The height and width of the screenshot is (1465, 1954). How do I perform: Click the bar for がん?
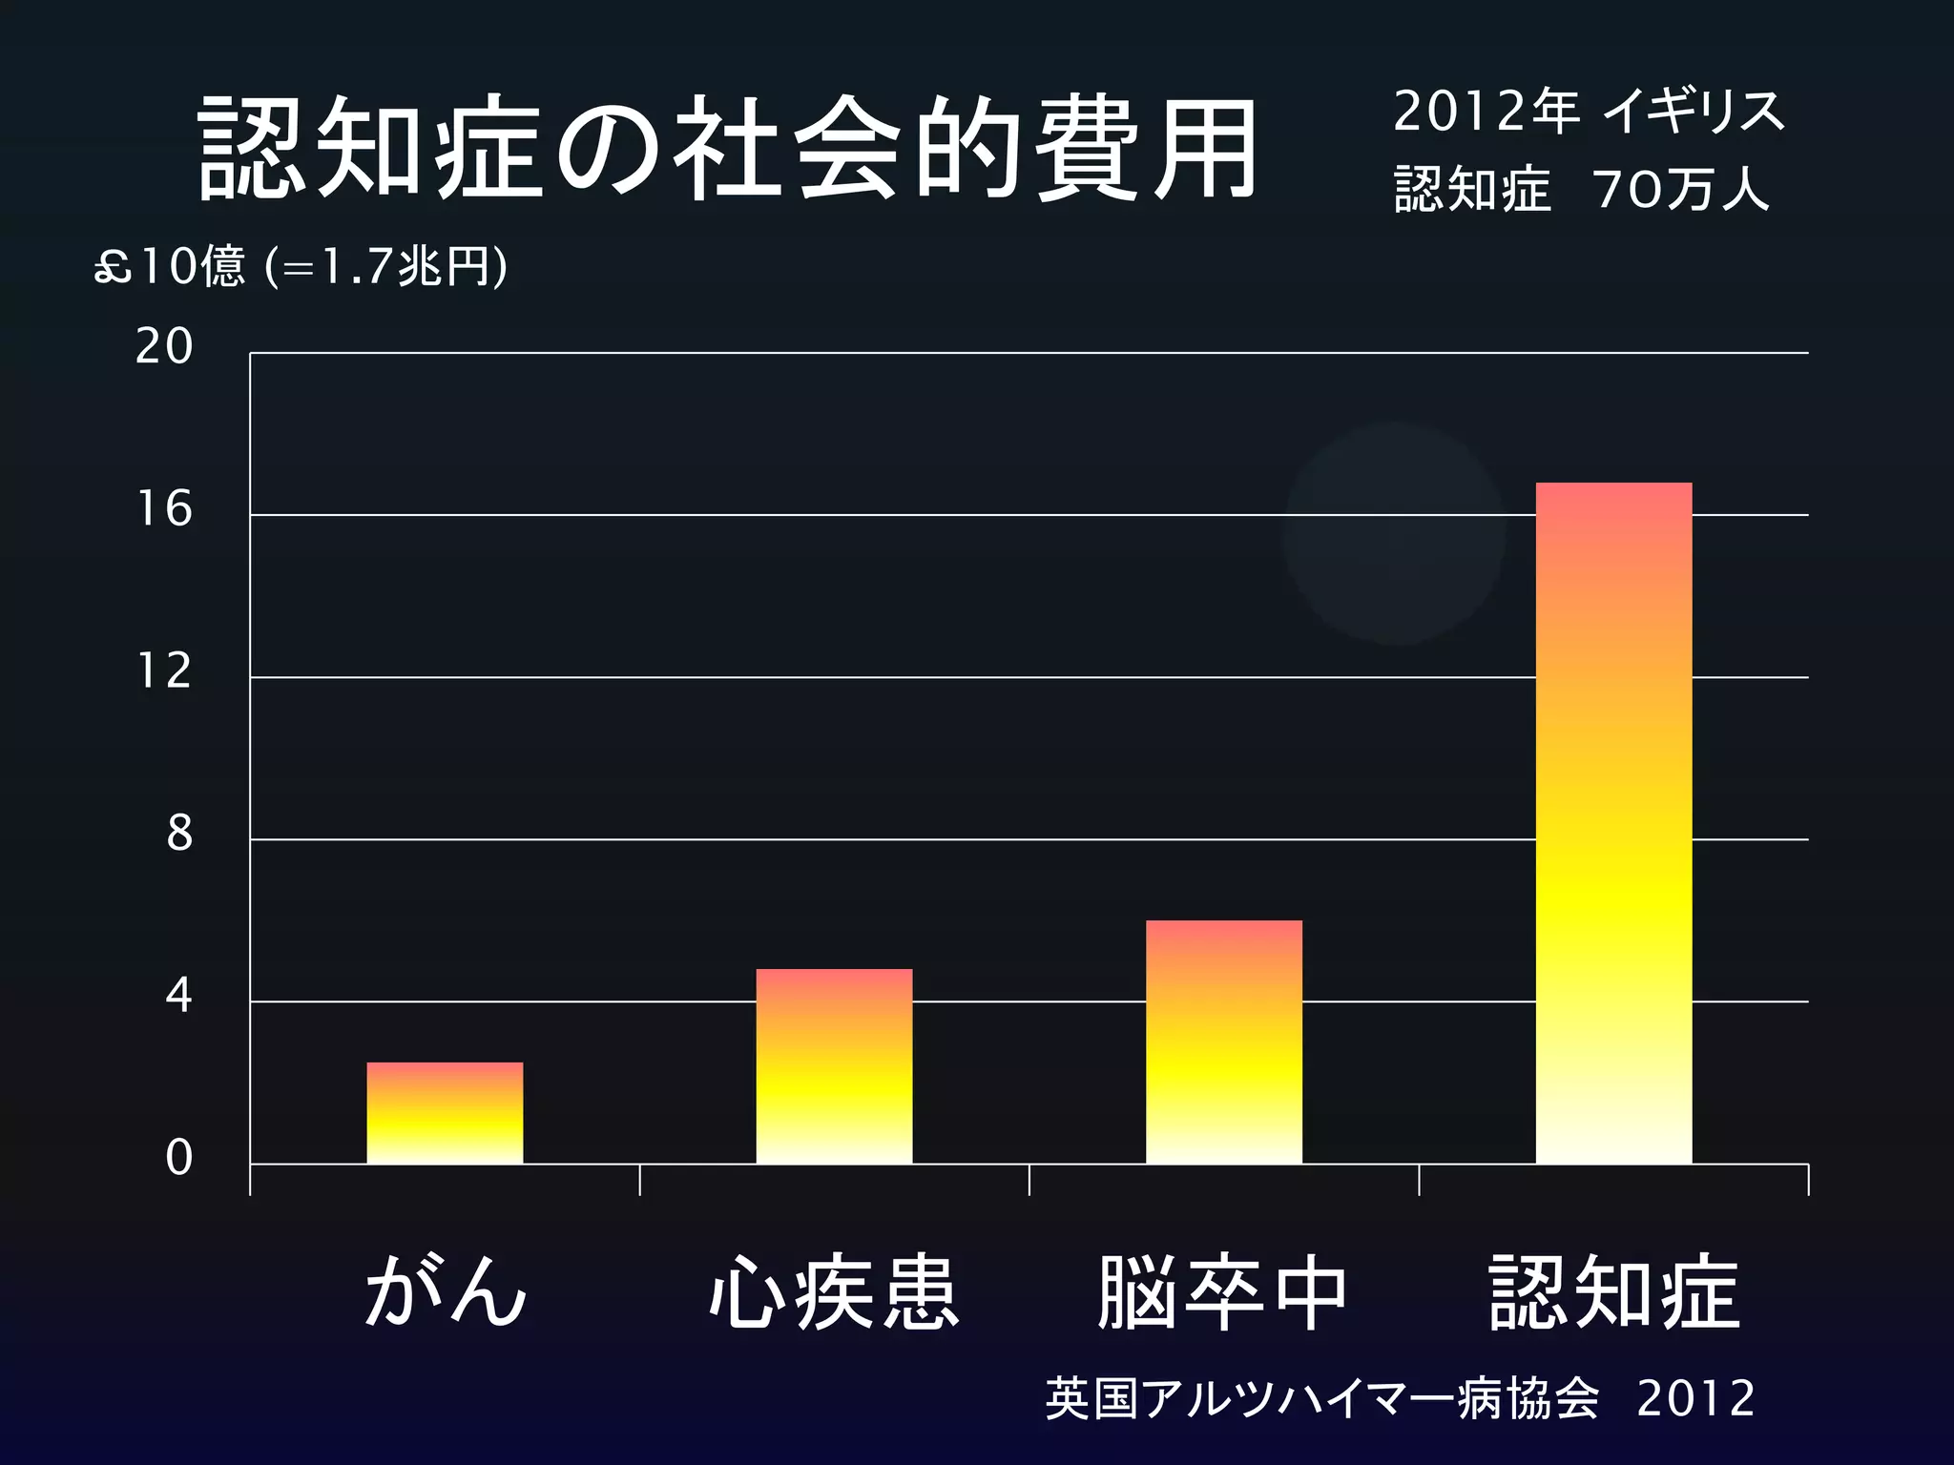(445, 1112)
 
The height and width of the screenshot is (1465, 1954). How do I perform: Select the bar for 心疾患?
(834, 1066)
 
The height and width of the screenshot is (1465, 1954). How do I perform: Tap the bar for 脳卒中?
(1223, 1042)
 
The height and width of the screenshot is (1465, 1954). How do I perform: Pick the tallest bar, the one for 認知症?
(1613, 822)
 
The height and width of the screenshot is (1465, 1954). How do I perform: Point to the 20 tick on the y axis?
(164, 346)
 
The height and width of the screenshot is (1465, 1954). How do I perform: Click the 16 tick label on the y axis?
(164, 509)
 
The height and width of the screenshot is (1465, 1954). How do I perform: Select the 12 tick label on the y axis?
(164, 671)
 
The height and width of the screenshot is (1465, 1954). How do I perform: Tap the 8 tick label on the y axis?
(179, 834)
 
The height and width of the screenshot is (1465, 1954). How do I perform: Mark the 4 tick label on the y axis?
(178, 996)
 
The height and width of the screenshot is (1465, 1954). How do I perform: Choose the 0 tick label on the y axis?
(178, 1158)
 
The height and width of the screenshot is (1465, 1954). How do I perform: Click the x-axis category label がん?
(445, 1291)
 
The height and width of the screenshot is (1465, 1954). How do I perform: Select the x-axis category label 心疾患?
(834, 1293)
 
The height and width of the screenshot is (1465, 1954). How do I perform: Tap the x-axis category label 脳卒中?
(1223, 1293)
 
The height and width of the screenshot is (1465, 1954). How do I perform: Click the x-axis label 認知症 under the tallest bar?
(1614, 1293)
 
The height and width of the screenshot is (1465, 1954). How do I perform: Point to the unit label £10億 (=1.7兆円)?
(301, 266)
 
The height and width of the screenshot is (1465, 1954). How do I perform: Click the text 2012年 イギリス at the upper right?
(1588, 113)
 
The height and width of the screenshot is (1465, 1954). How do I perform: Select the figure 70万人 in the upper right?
(1680, 189)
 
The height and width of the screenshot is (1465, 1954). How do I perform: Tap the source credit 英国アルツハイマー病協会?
(1321, 1399)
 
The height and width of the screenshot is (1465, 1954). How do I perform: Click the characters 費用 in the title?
(1148, 149)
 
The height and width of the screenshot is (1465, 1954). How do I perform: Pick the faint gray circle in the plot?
(1394, 533)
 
